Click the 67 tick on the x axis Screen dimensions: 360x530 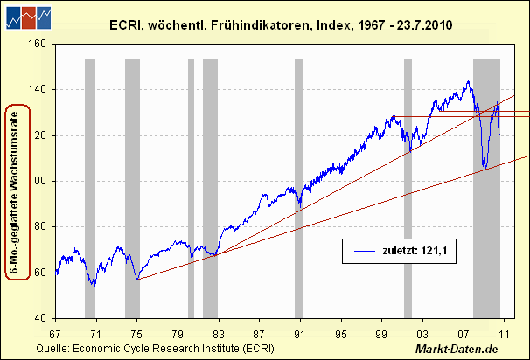pos(55,334)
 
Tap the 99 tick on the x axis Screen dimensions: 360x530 pos(381,334)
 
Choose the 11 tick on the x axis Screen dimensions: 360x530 pos(504,334)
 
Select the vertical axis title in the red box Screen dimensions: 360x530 pos(17,191)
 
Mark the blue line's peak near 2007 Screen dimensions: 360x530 pos(468,82)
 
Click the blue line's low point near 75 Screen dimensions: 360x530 pos(137,280)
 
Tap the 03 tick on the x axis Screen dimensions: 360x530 pos(422,334)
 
